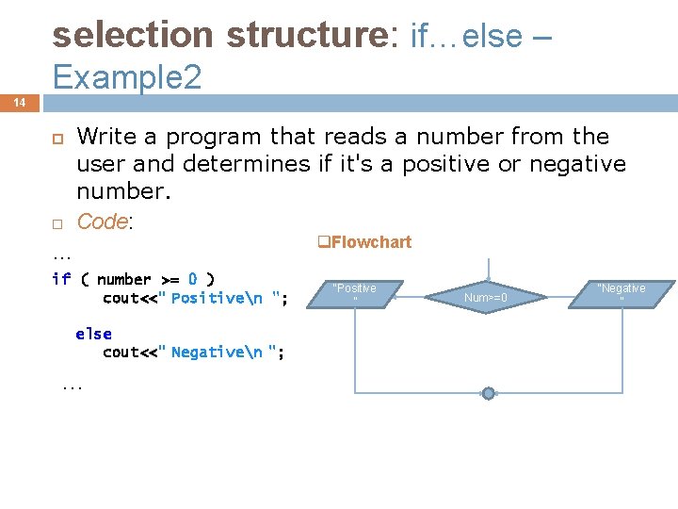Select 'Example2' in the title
pos(127,77)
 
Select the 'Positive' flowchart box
pos(355,294)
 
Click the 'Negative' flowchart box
pos(621,294)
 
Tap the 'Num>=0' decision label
pos(486,299)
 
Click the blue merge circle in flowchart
pos(488,393)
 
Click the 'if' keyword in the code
pos(61,279)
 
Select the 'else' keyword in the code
pos(93,334)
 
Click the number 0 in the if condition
pos(192,279)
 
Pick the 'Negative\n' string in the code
pos(218,353)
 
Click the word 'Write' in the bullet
pos(105,137)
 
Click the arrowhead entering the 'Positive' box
pos(396,295)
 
